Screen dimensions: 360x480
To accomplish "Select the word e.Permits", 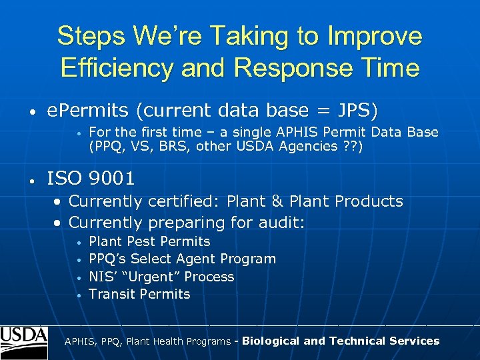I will (x=84, y=110).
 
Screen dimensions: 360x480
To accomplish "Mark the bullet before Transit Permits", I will (x=79, y=295).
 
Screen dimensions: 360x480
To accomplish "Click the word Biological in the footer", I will (x=271, y=341).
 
